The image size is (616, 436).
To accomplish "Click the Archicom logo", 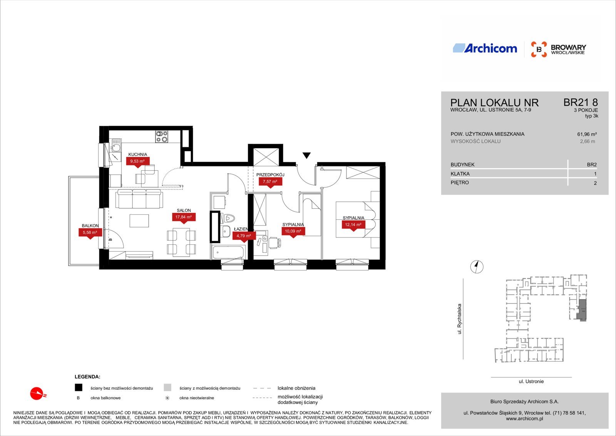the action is [x=485, y=48].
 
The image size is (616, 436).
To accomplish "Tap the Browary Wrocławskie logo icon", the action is [x=539, y=49].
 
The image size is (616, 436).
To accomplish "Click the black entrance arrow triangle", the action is [x=306, y=155].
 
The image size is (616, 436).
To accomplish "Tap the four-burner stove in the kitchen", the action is [x=162, y=136].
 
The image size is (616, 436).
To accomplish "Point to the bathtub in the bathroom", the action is [x=228, y=252].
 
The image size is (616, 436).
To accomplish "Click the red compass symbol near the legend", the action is [x=37, y=394].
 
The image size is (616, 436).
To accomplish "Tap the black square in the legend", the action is [x=79, y=387].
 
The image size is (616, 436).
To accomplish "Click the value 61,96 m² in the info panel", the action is [x=587, y=135].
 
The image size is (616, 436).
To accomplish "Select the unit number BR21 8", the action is [x=581, y=103].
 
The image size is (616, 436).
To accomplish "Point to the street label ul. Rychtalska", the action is [x=459, y=319].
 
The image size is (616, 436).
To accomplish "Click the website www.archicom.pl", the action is [x=524, y=419].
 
